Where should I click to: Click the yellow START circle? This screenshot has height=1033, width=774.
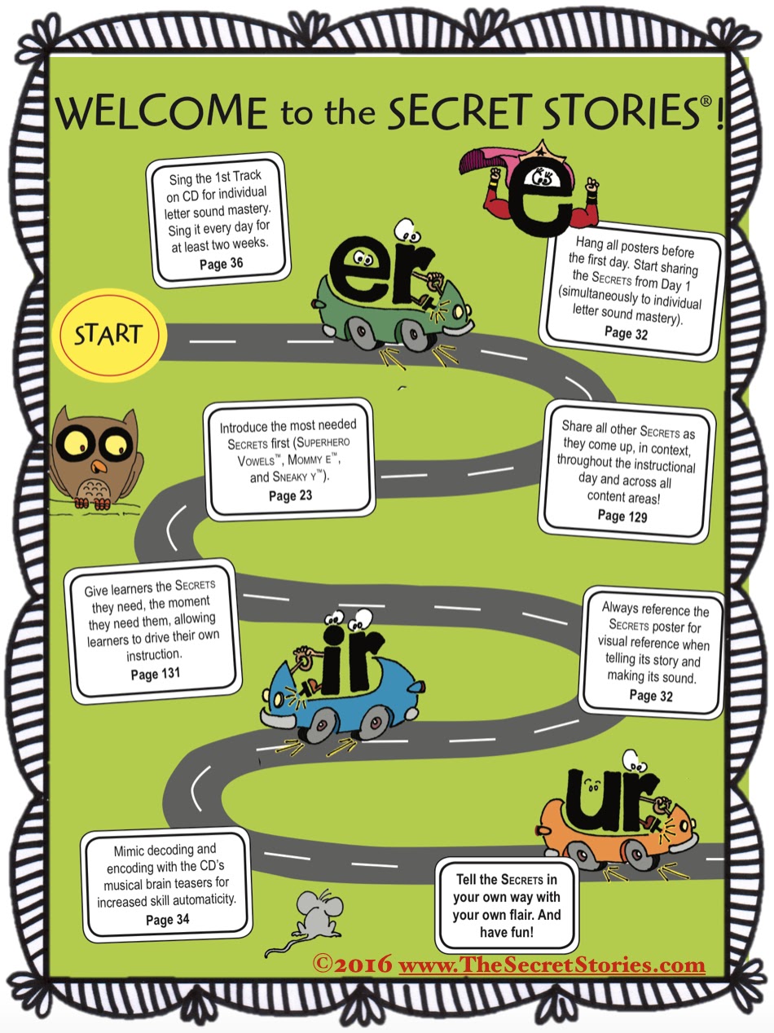[x=108, y=335]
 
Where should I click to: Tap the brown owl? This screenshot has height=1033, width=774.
[x=95, y=455]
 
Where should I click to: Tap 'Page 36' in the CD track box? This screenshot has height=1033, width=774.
[x=221, y=263]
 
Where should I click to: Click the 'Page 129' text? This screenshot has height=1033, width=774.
[x=622, y=516]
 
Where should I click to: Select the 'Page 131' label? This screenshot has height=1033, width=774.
[x=155, y=674]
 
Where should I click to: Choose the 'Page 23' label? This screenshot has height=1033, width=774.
[x=290, y=495]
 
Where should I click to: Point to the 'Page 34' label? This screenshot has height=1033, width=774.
[x=168, y=920]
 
